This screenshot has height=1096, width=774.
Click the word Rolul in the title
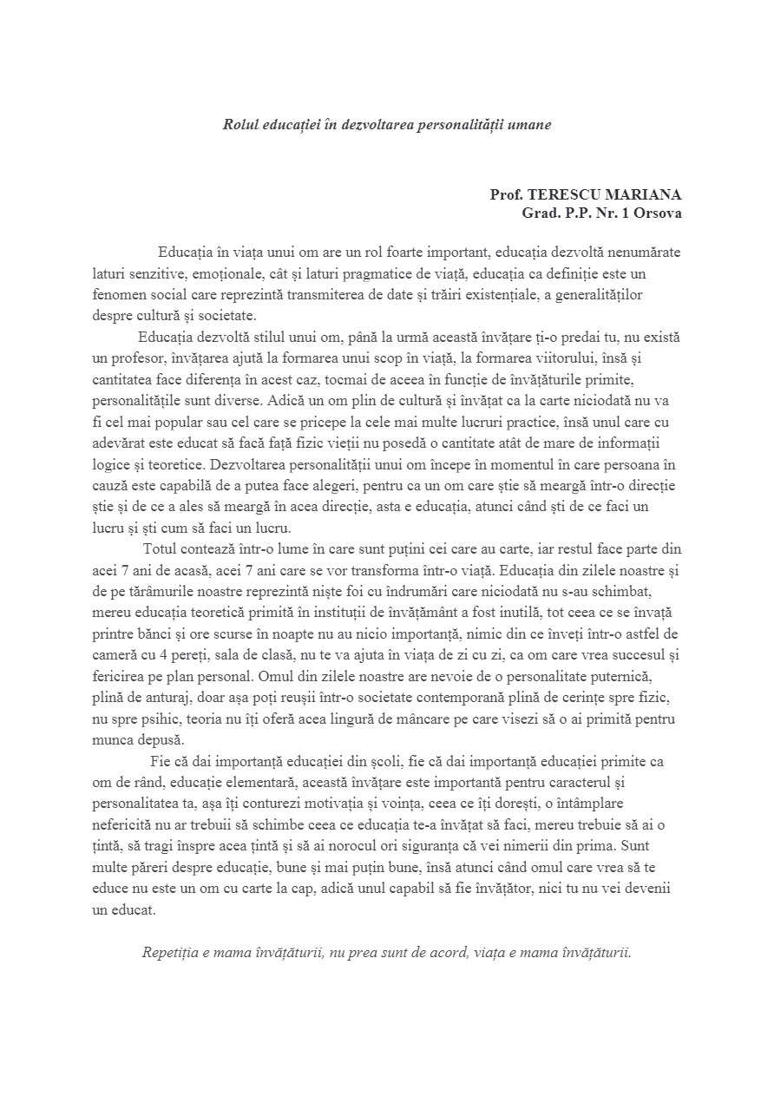[x=239, y=124]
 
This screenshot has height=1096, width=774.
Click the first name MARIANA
[x=645, y=194]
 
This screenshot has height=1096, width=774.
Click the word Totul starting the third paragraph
[x=163, y=549]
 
